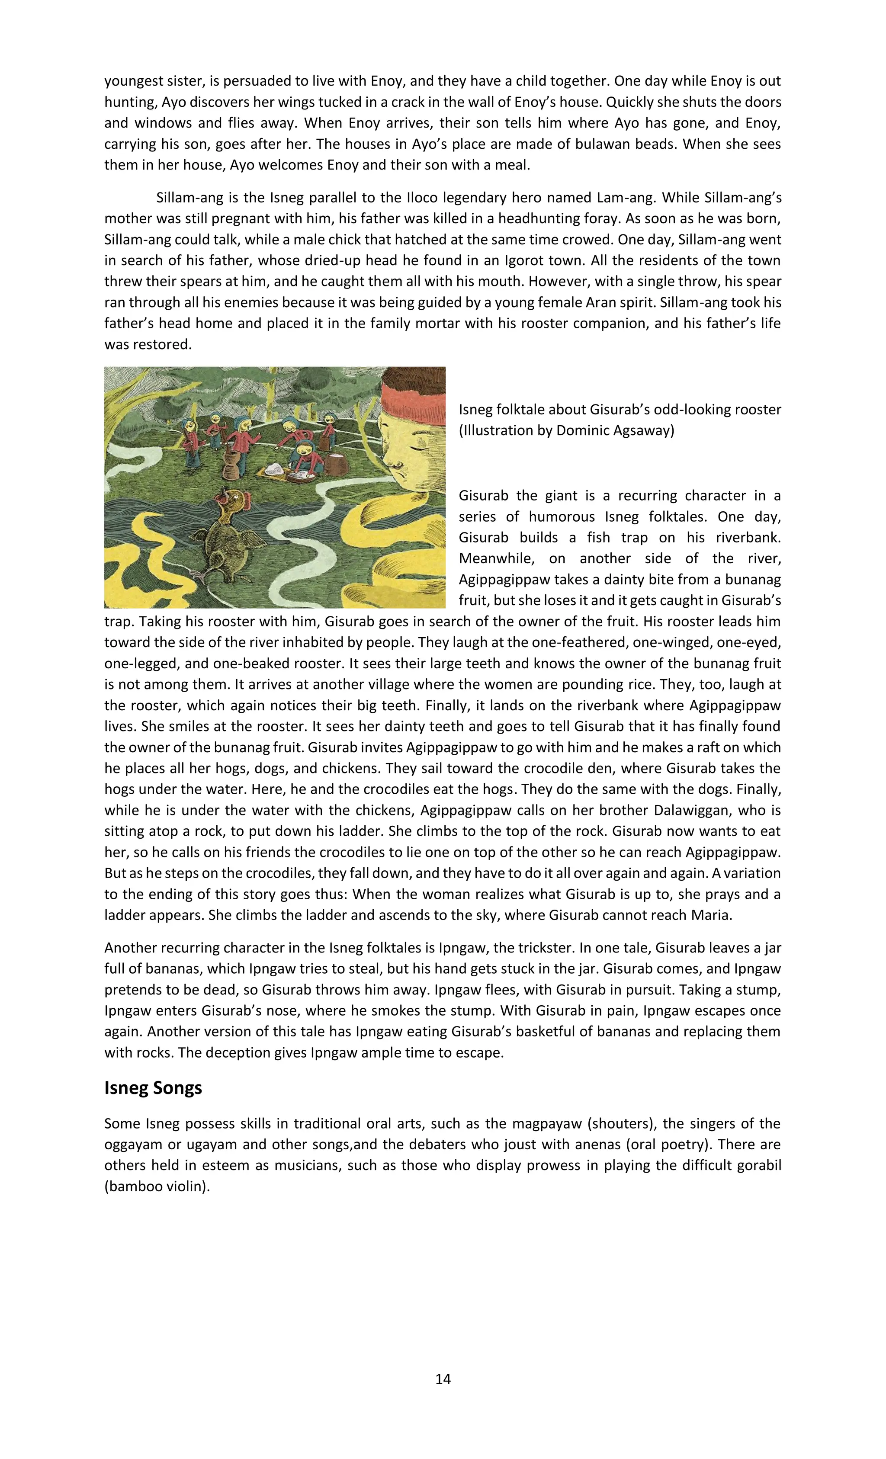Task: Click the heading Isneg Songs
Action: click(x=153, y=1088)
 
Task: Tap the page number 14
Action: click(x=443, y=1379)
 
